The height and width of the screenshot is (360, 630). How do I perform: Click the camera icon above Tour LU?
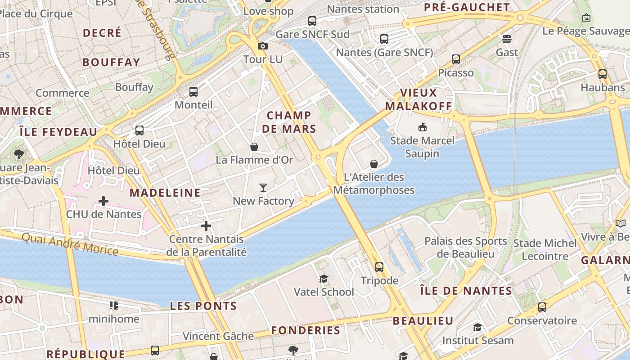pos(263,46)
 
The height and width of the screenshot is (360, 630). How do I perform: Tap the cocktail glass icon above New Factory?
pos(263,187)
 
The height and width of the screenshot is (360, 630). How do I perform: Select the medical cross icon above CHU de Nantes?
pos(103,201)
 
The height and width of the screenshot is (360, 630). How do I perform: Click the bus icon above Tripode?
pos(379,267)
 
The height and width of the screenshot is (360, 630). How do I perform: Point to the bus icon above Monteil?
pos(193,92)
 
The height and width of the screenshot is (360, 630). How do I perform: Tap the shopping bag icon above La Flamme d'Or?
pos(254,147)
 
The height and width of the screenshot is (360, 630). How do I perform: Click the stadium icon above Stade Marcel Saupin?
pos(422,127)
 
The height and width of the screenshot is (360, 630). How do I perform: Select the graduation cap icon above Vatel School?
pos(324,279)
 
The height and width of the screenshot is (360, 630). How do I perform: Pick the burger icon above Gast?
pos(507,39)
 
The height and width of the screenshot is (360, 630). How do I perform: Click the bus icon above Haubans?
pos(603,74)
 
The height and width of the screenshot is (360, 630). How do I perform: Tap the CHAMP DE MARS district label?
pos(289,122)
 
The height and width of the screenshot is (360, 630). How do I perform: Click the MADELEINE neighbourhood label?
pos(165,193)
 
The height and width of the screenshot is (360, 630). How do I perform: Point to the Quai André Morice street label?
pos(70,243)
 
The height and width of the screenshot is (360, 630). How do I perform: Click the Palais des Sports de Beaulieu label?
pos(466,247)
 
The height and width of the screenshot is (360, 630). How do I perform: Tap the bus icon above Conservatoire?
pos(542,307)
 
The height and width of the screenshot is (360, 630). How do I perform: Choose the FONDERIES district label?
pos(306,330)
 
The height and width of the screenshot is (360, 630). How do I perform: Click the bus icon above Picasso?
pos(456,59)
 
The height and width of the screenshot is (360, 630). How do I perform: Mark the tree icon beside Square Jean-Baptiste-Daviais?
pos(19,154)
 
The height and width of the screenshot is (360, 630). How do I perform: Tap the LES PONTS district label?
pos(203,306)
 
